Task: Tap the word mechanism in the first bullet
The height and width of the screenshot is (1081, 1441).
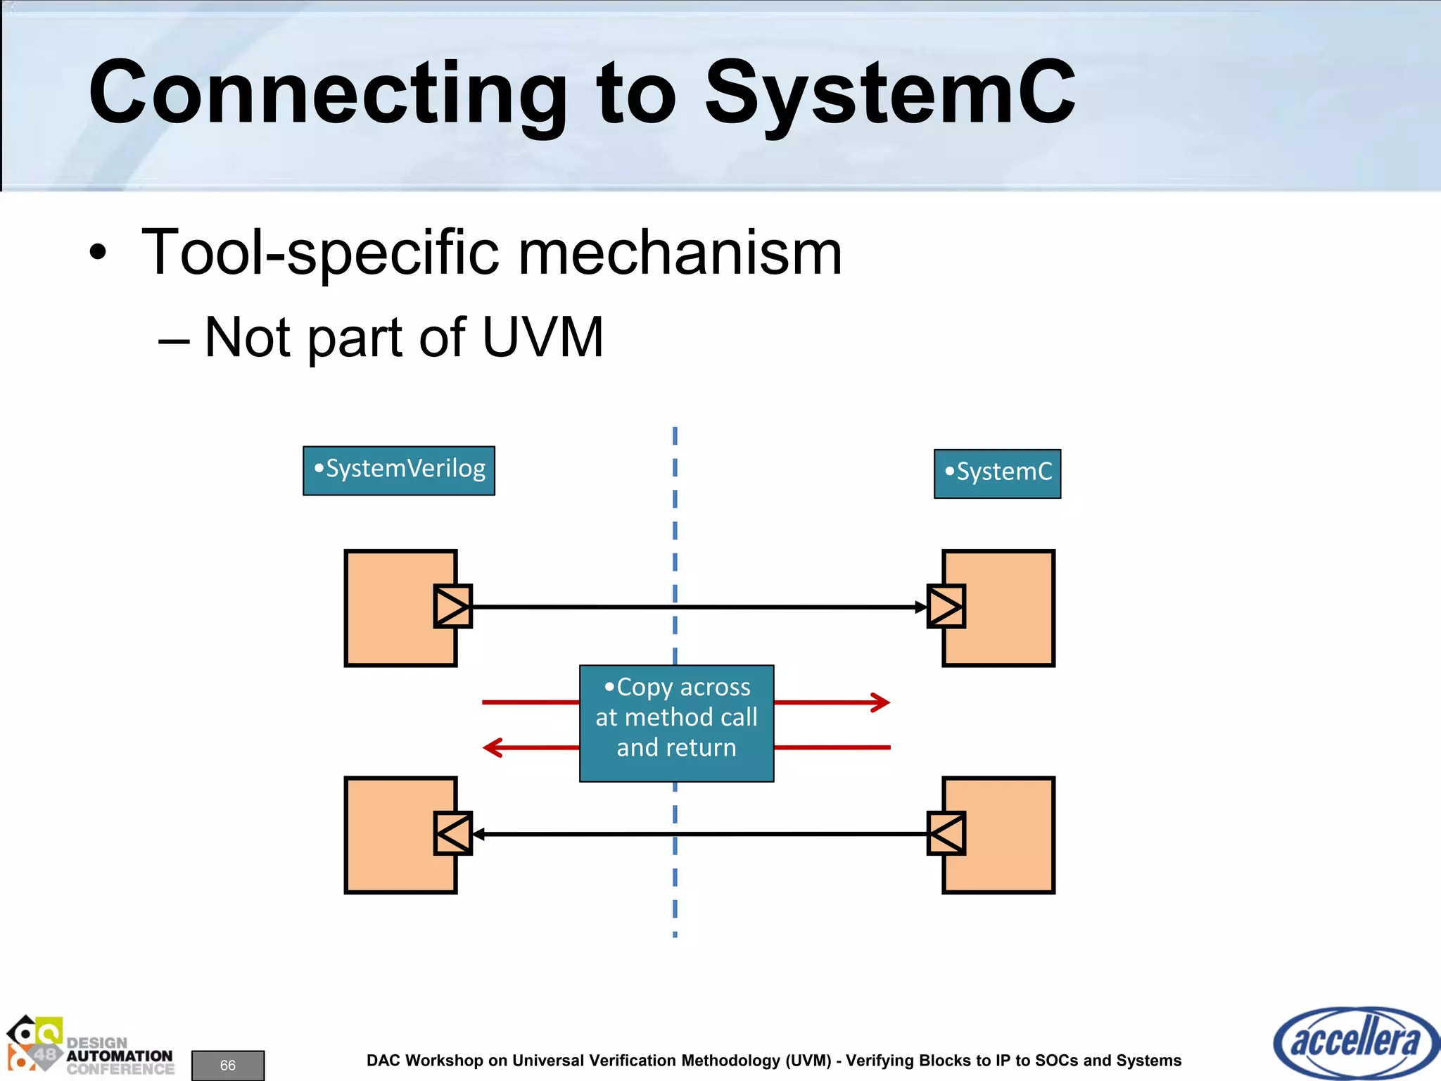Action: (x=680, y=253)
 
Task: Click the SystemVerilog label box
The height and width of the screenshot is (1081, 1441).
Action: (x=399, y=470)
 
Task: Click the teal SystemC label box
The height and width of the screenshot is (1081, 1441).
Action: (x=997, y=474)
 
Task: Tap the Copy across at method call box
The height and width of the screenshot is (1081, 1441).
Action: (x=676, y=723)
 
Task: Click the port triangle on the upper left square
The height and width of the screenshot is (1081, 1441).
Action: (x=452, y=606)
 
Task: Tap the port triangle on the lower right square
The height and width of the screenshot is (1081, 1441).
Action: (x=946, y=833)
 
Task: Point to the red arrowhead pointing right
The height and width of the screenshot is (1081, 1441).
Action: (x=882, y=702)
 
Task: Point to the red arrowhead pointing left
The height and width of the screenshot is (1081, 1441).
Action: (x=492, y=747)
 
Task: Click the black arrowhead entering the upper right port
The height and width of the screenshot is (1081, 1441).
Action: (x=921, y=607)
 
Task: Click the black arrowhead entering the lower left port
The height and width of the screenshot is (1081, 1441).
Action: (x=478, y=834)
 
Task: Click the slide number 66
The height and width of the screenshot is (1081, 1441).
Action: (x=228, y=1065)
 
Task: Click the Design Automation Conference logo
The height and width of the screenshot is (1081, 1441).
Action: (x=89, y=1047)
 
